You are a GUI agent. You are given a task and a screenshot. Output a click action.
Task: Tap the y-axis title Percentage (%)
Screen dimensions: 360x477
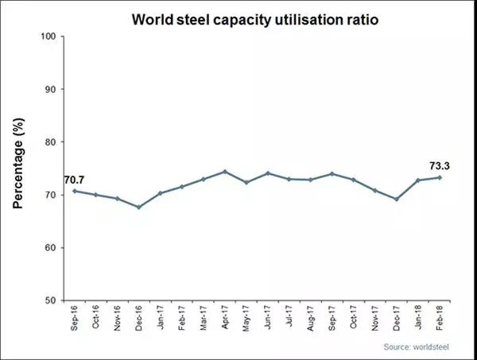(x=18, y=169)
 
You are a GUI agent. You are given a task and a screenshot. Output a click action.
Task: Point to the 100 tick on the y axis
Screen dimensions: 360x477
(x=48, y=37)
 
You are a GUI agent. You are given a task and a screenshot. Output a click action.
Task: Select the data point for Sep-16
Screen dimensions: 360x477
(x=75, y=191)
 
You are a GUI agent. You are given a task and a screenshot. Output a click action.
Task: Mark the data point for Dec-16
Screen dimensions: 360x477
(x=139, y=207)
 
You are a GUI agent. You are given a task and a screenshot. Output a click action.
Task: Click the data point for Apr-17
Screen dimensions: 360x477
(x=225, y=172)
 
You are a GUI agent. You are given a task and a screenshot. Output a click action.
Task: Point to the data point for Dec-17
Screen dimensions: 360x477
(x=397, y=199)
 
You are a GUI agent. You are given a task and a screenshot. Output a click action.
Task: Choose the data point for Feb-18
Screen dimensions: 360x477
(x=440, y=177)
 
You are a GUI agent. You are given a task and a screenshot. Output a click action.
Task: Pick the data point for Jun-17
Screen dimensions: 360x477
(x=268, y=173)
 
